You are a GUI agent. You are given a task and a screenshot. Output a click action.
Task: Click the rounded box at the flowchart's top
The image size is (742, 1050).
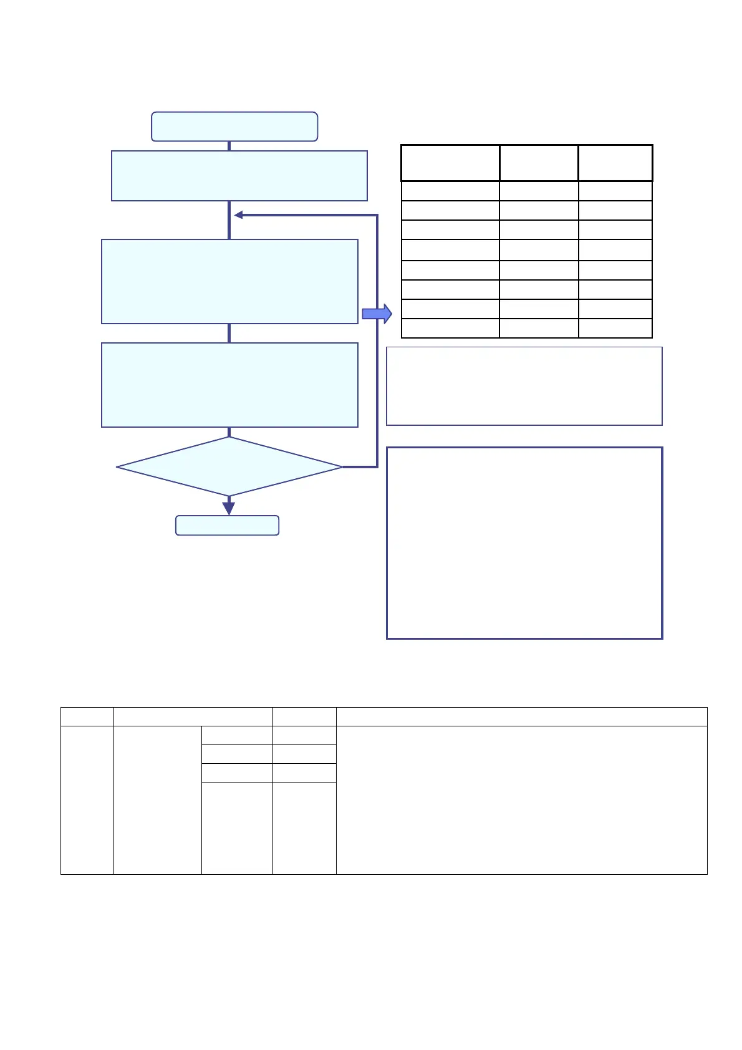tap(234, 127)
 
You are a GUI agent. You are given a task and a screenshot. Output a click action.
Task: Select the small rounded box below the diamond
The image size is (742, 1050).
tap(227, 526)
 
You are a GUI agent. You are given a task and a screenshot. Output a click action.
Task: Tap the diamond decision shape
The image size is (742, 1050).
tap(229, 466)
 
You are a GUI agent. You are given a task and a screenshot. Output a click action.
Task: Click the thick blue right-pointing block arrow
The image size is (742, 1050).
tap(377, 314)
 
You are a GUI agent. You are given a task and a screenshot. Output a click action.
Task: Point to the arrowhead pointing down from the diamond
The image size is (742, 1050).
tap(229, 506)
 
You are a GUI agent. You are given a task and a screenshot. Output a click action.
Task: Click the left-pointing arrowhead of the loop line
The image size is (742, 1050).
tap(238, 215)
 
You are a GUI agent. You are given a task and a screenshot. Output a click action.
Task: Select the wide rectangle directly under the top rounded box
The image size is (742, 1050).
tap(239, 176)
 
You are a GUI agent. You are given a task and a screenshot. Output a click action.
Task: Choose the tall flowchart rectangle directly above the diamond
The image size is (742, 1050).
tap(229, 385)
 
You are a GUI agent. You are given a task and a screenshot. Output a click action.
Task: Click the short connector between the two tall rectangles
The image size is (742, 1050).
tap(229, 333)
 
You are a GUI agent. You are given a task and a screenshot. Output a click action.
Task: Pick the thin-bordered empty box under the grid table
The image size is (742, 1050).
tap(524, 386)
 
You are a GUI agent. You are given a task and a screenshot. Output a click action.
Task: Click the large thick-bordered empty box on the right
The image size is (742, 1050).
tap(524, 542)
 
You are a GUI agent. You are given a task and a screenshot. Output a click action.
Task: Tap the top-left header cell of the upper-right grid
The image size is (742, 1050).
tap(450, 163)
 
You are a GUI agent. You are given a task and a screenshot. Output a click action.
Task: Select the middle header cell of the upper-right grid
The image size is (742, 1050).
tap(539, 163)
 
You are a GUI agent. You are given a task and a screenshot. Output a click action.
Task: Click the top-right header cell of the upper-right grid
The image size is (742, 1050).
tap(615, 163)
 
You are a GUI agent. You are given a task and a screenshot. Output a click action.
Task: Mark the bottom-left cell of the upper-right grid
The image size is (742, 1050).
tap(450, 329)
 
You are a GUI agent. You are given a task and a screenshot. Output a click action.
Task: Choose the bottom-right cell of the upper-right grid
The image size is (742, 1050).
tap(615, 329)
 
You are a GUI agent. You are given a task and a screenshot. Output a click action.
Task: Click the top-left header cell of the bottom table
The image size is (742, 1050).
tap(87, 716)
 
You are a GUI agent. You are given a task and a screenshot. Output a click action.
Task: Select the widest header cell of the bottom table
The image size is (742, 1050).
tap(521, 716)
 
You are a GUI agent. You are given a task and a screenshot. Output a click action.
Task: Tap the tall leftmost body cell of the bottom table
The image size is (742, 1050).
tap(87, 800)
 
